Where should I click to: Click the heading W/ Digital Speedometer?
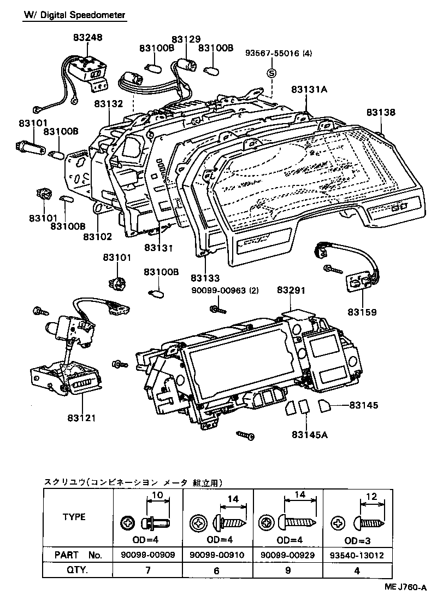pyautogui.click(x=75, y=15)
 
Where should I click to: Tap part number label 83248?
pyautogui.click(x=88, y=38)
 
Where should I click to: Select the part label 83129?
pyautogui.click(x=186, y=39)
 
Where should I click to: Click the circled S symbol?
pyautogui.click(x=272, y=73)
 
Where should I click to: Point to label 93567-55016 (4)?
pyautogui.click(x=279, y=53)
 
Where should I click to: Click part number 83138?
pyautogui.click(x=381, y=112)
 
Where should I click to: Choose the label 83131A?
pyautogui.click(x=309, y=89)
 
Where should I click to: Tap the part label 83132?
pyautogui.click(x=109, y=103)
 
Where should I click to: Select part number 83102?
pyautogui.click(x=98, y=236)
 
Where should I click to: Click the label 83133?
pyautogui.click(x=205, y=278)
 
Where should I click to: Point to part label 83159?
pyautogui.click(x=362, y=312)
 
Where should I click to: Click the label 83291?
pyautogui.click(x=291, y=290)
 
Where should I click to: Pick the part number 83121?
pyautogui.click(x=81, y=418)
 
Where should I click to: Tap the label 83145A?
pyautogui.click(x=310, y=435)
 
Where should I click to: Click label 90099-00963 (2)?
pyautogui.click(x=225, y=290)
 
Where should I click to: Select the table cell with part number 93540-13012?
pyautogui.click(x=357, y=555)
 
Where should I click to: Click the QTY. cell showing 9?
pyautogui.click(x=288, y=570)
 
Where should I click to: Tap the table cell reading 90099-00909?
pyautogui.click(x=148, y=555)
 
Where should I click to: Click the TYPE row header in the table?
pyautogui.click(x=74, y=517)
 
